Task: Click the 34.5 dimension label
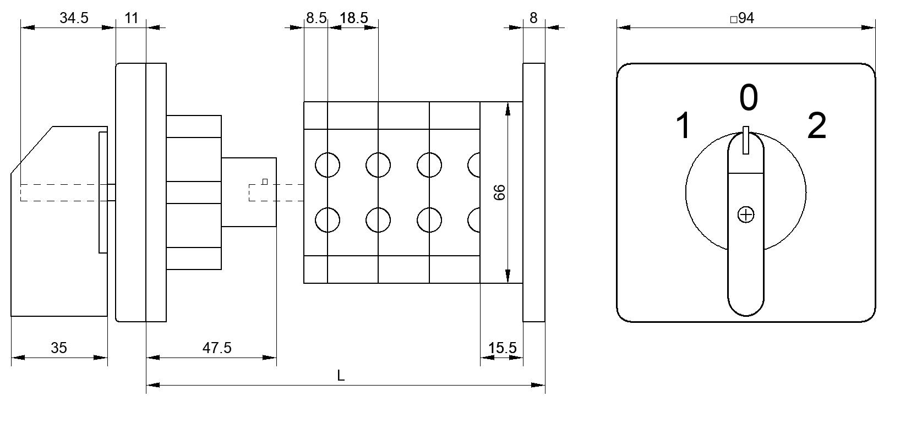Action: point(74,18)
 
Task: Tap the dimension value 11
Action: point(131,18)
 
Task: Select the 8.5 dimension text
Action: point(316,18)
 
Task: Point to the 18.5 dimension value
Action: point(353,18)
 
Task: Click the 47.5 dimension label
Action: point(217,348)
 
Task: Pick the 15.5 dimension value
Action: point(502,348)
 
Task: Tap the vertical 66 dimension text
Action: point(499,192)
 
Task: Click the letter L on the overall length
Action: point(341,376)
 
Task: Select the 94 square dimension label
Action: point(742,18)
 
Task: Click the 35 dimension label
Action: point(59,348)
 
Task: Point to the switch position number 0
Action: point(748,97)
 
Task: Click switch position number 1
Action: point(684,125)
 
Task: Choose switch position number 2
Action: point(817,125)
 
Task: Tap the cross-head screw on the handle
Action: point(746,215)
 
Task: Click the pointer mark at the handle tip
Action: point(746,140)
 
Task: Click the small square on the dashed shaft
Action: point(265,182)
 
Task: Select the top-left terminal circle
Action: point(328,165)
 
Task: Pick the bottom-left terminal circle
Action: point(328,220)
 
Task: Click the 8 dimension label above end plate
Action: point(533,18)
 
